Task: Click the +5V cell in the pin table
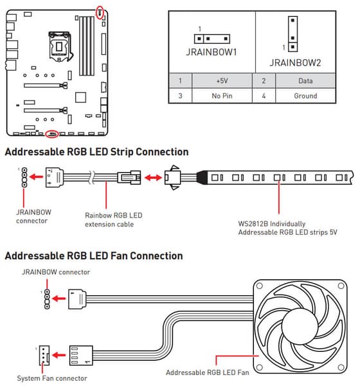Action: click(222, 81)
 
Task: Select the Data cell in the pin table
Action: click(305, 81)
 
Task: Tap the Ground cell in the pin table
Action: click(305, 96)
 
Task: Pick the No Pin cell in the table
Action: click(222, 96)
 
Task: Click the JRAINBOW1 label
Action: click(212, 52)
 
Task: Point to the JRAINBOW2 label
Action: click(295, 63)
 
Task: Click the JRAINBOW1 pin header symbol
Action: click(212, 39)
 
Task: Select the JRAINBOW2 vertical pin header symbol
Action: click(292, 34)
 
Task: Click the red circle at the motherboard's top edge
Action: click(100, 12)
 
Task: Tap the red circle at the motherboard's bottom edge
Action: click(52, 134)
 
